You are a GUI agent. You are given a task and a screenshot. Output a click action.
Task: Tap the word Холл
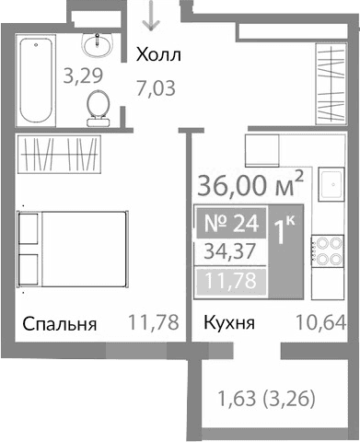158,57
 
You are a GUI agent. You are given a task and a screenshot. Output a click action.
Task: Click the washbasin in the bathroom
94,42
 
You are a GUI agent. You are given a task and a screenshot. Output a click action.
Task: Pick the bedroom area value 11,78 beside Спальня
151,325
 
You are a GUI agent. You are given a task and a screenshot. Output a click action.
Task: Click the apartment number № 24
230,223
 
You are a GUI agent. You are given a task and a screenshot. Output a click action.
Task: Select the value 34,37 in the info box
230,250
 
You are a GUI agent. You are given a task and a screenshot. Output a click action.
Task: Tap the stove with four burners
329,251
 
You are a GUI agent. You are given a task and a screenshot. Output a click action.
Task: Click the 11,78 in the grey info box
230,278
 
